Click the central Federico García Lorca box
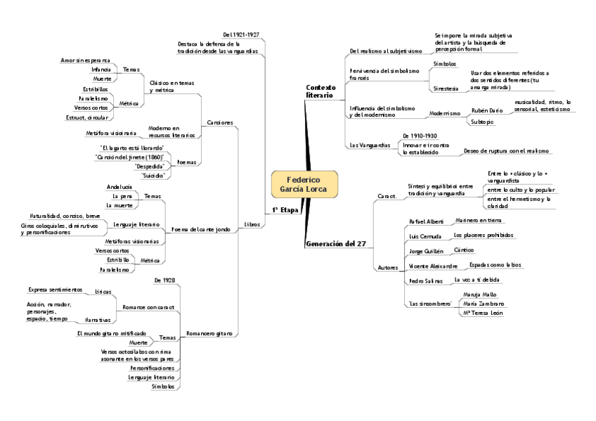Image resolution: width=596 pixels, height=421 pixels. click(304, 184)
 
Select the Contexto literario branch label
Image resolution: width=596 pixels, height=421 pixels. click(320, 91)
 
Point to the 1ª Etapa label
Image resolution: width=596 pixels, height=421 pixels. click(285, 210)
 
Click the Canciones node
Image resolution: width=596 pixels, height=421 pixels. click(219, 122)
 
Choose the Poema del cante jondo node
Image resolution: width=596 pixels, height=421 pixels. click(201, 229)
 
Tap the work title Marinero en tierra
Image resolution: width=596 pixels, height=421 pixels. click(479, 220)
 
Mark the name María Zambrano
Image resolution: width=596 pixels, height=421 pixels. click(484, 303)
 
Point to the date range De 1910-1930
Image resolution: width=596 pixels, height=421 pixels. click(420, 135)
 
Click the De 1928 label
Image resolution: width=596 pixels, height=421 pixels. click(164, 280)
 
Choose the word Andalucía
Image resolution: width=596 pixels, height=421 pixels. click(119, 187)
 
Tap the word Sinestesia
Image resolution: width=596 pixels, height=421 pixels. click(445, 89)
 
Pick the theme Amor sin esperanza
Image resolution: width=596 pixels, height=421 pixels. click(85, 60)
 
